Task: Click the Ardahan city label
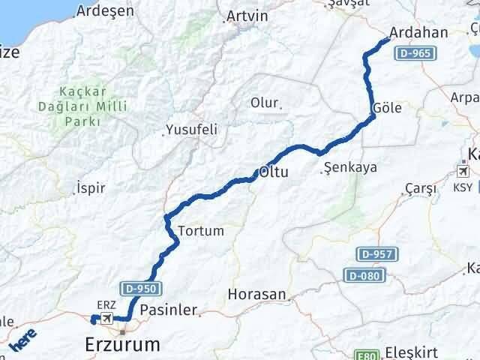click(x=418, y=33)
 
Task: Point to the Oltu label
click(x=275, y=172)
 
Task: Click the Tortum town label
click(x=201, y=231)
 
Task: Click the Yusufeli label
click(x=193, y=130)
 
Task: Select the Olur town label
click(x=264, y=103)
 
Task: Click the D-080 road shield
click(x=364, y=275)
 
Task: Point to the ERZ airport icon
click(x=106, y=319)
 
